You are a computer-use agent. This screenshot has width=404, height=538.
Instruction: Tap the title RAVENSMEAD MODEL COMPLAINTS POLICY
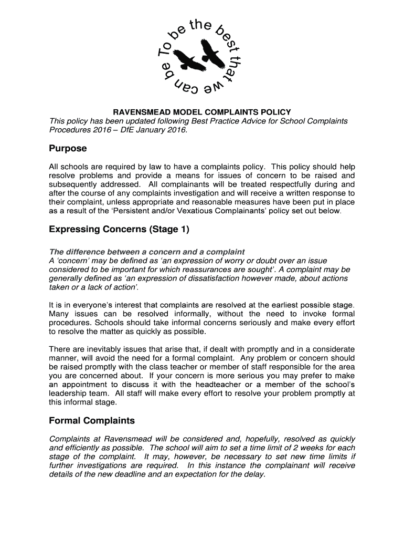[203, 112]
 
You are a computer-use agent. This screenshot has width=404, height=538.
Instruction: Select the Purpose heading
[68, 149]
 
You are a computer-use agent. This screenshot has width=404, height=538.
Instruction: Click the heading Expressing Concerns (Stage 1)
[119, 230]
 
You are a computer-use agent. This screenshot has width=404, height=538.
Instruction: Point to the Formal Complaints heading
[92, 421]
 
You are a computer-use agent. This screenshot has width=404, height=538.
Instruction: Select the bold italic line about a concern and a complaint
[146, 252]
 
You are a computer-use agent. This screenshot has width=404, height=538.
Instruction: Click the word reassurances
[230, 270]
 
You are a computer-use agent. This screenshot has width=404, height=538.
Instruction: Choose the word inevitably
[101, 349]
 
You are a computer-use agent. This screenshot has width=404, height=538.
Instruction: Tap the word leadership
[68, 394]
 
